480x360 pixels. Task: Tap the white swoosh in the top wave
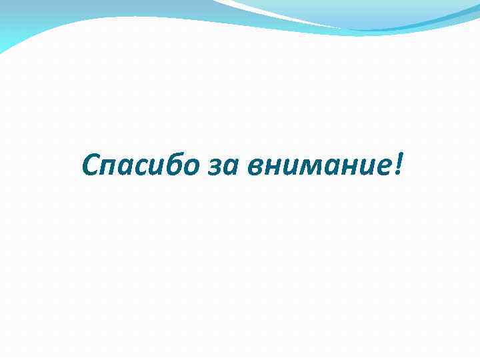[280, 15]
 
